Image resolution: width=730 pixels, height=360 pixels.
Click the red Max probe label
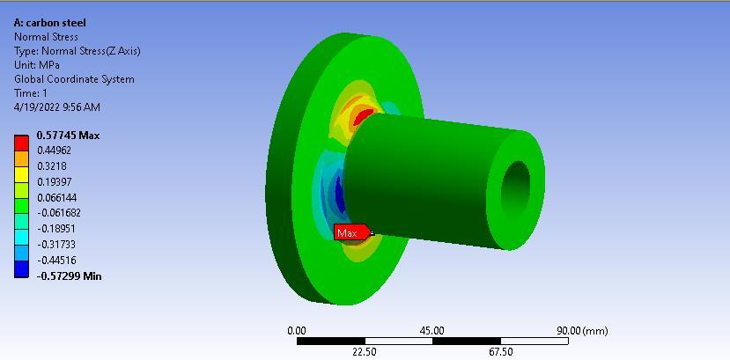click(x=351, y=232)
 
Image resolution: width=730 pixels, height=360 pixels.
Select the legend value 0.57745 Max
click(x=68, y=136)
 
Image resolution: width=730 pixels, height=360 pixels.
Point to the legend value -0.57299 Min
click(x=69, y=276)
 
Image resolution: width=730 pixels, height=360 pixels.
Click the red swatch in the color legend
click(x=21, y=143)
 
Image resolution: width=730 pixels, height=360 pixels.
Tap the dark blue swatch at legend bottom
click(x=21, y=269)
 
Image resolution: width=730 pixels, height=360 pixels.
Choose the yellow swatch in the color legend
click(x=21, y=174)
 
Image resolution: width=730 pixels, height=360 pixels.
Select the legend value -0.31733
click(x=55, y=244)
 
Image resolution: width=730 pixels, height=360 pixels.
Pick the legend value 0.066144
click(x=56, y=197)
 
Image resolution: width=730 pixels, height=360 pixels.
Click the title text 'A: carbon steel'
click(x=50, y=23)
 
